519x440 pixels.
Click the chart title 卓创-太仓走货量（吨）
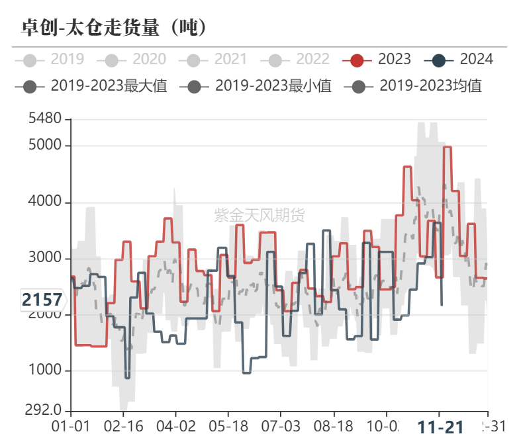coord(115,27)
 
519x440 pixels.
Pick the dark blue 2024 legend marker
coord(439,60)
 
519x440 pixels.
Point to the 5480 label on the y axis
coord(45,120)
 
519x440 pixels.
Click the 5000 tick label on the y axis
coord(45,145)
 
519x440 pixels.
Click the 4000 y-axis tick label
coord(45,202)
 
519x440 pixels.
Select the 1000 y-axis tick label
coord(45,370)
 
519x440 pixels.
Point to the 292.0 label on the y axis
coord(44,410)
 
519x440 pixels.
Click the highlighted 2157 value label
coord(42,300)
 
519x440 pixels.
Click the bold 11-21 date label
coord(440,427)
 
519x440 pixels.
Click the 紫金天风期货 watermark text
coord(259,215)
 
